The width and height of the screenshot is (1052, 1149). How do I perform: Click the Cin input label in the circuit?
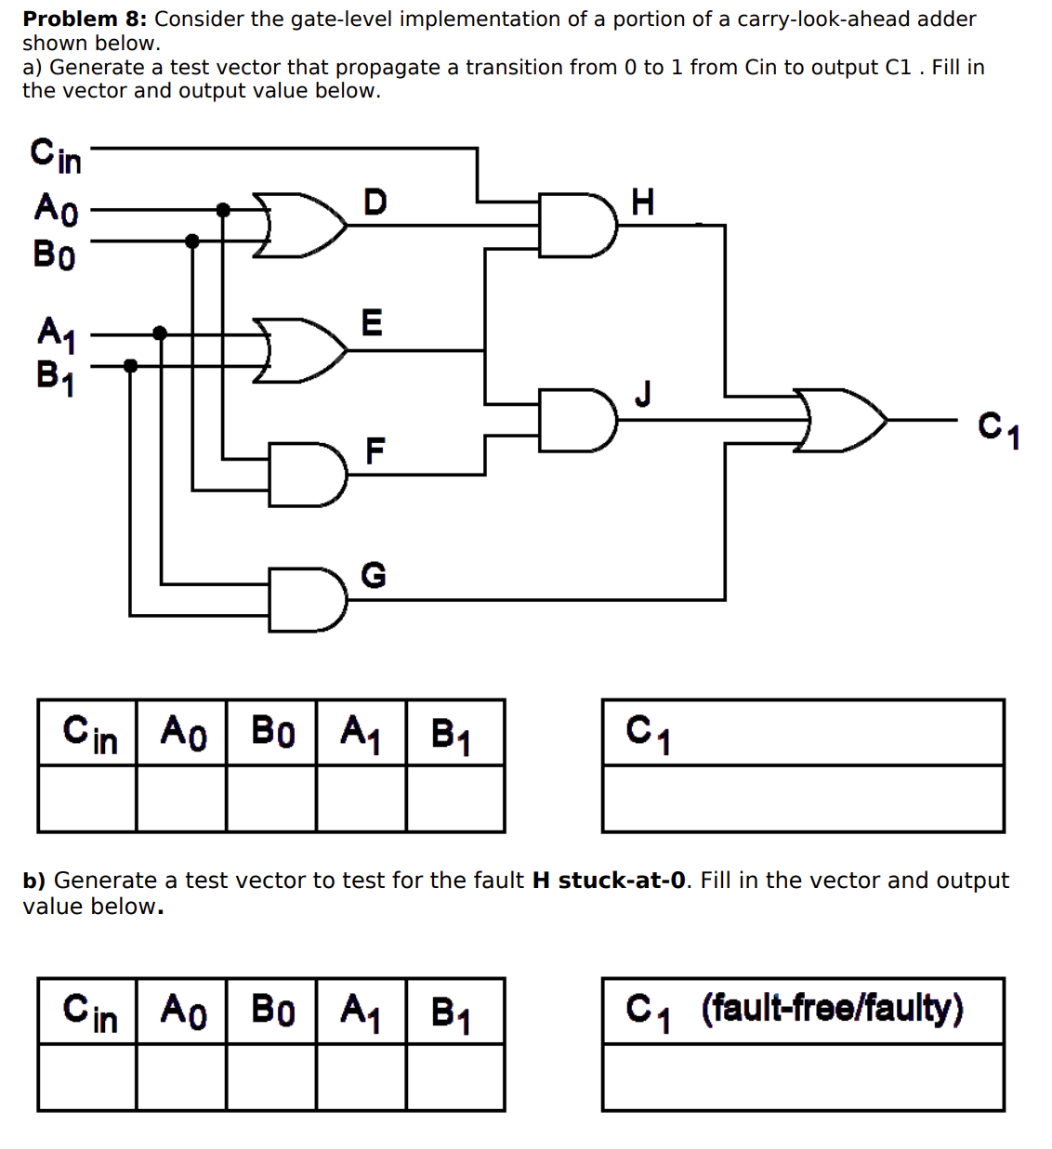coord(56,155)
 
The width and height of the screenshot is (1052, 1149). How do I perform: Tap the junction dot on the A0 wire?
coord(223,210)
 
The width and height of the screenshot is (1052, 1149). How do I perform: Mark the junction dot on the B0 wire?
coord(192,242)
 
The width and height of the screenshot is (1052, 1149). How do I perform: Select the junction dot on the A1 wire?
coord(160,333)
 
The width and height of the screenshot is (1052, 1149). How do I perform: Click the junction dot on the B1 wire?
coord(130,365)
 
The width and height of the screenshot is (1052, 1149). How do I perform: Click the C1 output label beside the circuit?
coord(999,430)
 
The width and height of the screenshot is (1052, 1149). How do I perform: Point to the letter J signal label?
coord(642,393)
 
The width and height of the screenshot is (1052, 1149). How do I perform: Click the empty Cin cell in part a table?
coord(87,799)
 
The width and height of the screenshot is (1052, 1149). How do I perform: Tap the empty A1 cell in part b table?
coord(361,1077)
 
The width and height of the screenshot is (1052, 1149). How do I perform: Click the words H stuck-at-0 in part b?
coord(609,881)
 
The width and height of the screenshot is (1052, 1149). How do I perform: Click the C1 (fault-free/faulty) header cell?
coord(802,1011)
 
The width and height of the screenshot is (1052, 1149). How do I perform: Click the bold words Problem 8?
coord(84,19)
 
